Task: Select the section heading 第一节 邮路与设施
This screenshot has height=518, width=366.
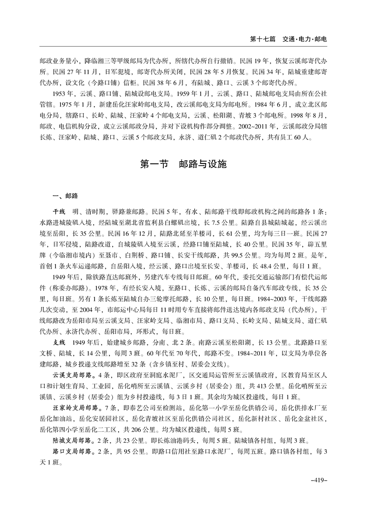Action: (183, 164)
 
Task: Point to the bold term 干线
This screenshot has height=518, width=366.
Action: (59, 211)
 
